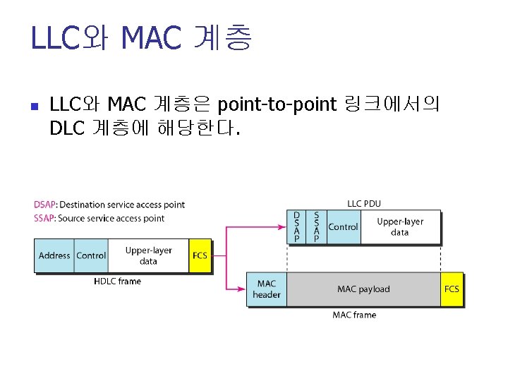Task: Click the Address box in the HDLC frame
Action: point(54,255)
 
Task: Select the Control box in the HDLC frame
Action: point(91,255)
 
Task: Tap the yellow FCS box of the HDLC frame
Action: point(200,255)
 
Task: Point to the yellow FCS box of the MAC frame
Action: point(452,289)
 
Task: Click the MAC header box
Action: point(267,289)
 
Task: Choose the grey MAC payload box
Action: point(363,289)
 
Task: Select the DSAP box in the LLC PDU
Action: point(296,227)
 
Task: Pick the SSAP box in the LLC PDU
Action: point(316,227)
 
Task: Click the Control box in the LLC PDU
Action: point(344,227)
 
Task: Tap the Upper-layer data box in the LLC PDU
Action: point(400,227)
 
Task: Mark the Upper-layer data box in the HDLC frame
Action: point(148,255)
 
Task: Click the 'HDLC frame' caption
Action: point(118,282)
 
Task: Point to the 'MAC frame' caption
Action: point(354,315)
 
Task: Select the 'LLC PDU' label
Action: point(364,204)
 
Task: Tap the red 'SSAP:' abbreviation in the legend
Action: point(46,218)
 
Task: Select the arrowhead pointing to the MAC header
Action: point(242,289)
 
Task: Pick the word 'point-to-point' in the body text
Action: point(277,106)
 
